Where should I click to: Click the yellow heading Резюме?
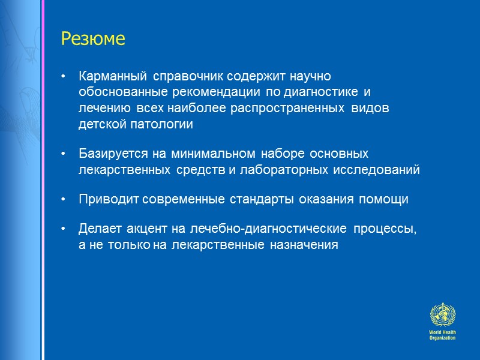[93, 40]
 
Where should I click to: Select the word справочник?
[184, 77]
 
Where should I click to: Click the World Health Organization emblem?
[442, 315]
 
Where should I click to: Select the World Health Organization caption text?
[442, 335]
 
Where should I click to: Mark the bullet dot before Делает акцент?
[64, 230]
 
